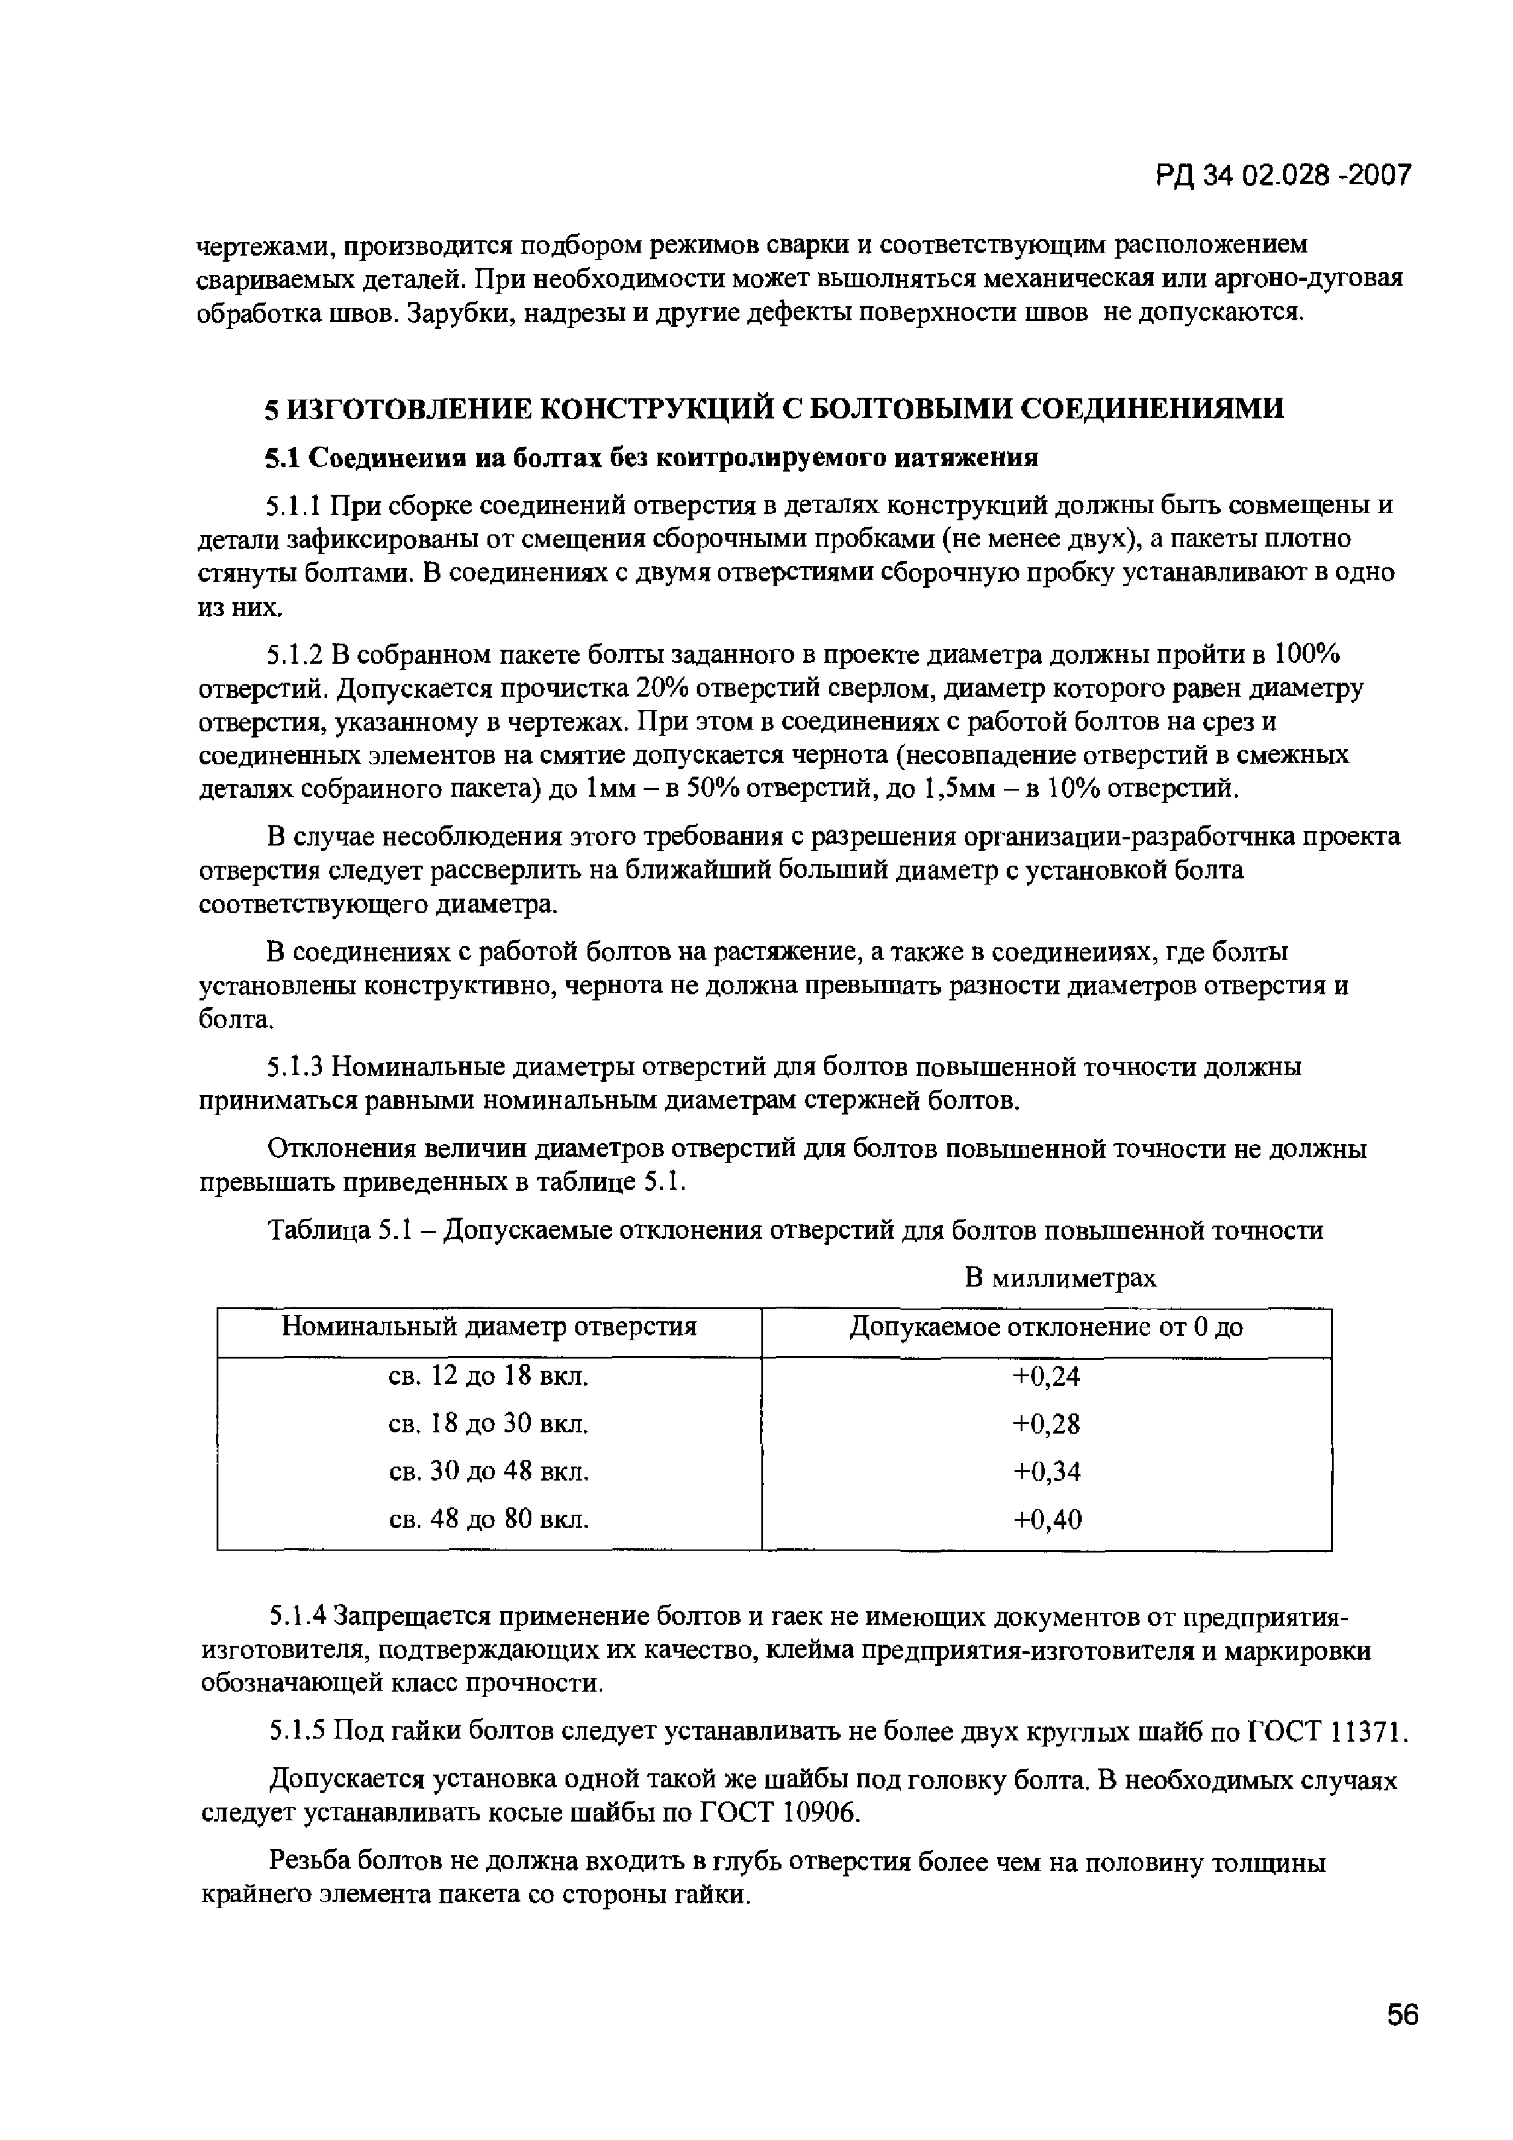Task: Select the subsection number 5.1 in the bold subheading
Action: (x=284, y=459)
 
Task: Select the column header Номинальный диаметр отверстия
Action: (x=489, y=1326)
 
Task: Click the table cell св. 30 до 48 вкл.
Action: (x=489, y=1472)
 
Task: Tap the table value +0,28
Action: (x=1046, y=1424)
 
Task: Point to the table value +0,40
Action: (x=1046, y=1520)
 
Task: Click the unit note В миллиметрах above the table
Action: (x=1060, y=1278)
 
